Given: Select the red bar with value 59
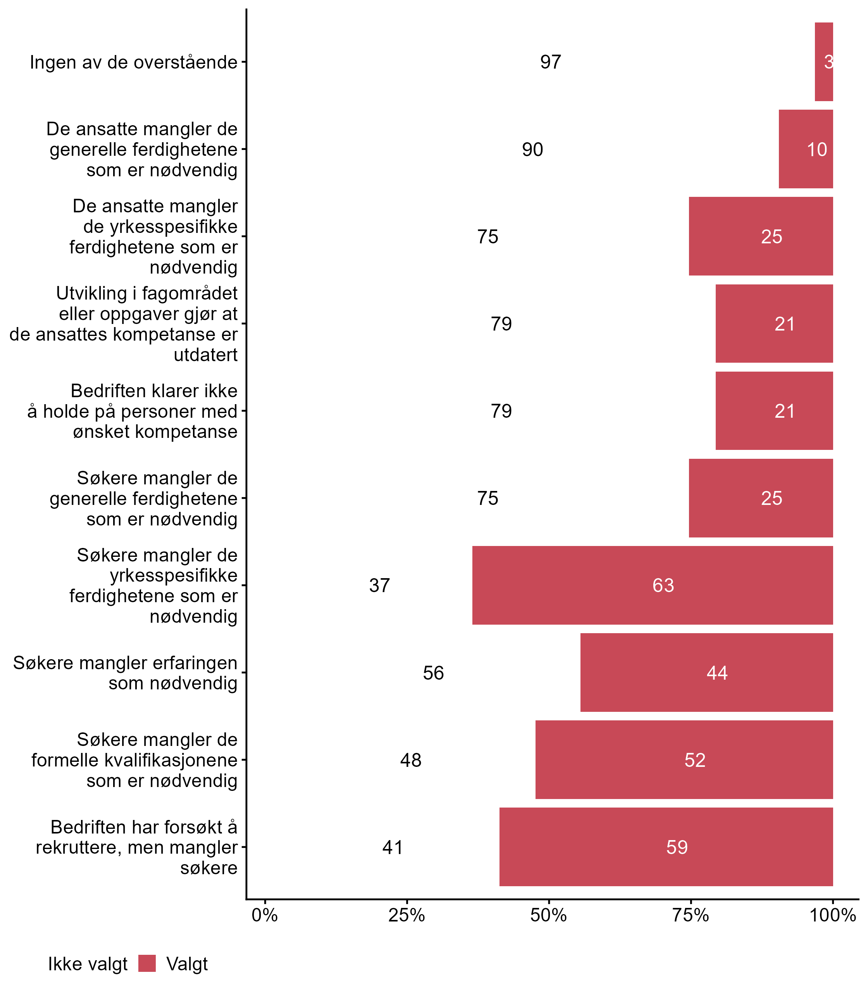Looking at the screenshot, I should point(666,847).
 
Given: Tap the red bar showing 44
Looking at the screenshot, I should point(706,672).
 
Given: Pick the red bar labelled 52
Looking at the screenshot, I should point(684,759).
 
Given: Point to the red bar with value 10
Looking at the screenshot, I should point(806,149).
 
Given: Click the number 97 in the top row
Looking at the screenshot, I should point(550,62).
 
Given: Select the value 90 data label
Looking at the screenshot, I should point(532,150).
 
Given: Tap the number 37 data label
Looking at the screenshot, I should point(379,586).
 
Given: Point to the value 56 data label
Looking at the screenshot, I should point(433,673).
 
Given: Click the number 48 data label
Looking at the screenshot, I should point(411,760).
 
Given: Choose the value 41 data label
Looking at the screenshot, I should point(392,847).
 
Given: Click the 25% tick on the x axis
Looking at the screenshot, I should point(406,915).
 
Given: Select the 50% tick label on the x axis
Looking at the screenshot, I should point(548,915).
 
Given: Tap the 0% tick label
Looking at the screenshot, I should point(264,915).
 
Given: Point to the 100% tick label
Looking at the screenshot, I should point(833,915).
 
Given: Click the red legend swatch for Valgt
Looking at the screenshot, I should point(147,963).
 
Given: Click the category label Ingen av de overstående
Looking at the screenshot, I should point(134,62).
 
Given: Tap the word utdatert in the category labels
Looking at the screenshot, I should point(205,355).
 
